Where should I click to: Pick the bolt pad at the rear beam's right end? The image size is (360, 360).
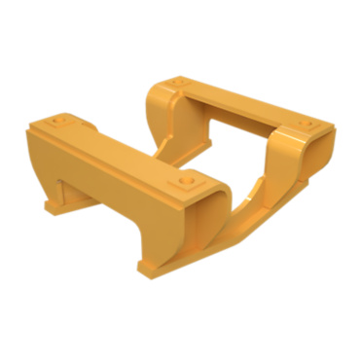click(307, 125)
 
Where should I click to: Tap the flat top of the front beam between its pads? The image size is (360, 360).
click(122, 152)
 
